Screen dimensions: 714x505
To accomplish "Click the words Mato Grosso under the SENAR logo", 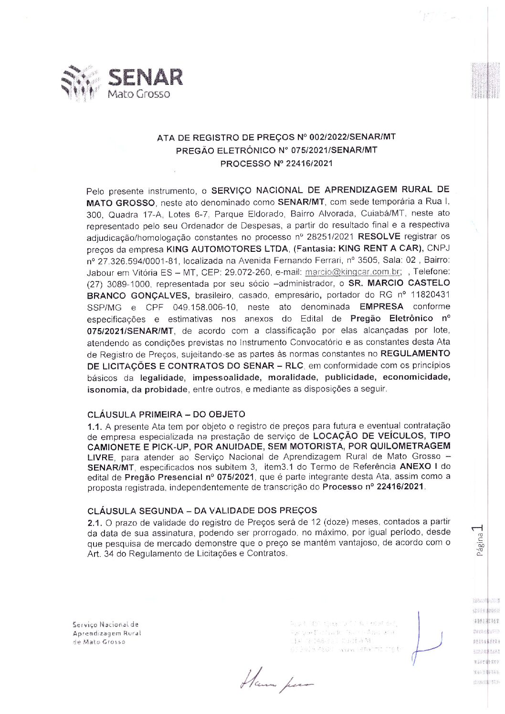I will (x=138, y=93).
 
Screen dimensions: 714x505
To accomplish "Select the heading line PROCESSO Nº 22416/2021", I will (x=276, y=163).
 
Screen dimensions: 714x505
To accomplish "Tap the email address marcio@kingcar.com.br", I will (x=353, y=272).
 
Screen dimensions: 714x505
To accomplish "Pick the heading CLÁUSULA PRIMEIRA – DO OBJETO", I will (x=166, y=414).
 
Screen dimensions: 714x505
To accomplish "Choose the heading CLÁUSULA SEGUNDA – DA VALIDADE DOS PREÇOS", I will (x=202, y=510).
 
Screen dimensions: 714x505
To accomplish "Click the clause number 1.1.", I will (x=95, y=426).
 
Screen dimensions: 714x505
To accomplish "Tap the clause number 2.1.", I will (x=95, y=522).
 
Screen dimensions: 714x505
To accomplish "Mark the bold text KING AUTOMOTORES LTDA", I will (x=227, y=249).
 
